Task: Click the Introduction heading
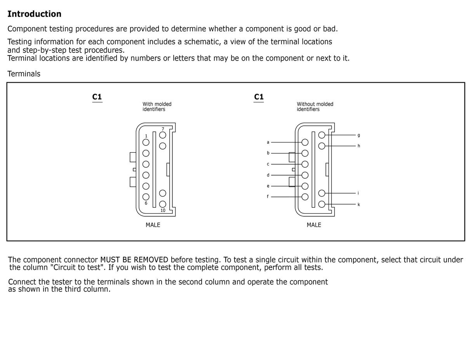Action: tap(34, 14)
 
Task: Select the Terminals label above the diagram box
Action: tap(24, 74)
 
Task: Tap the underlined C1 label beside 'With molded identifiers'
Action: tap(97, 97)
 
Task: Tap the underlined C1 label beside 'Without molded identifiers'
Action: tap(259, 97)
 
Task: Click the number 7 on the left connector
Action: tap(163, 129)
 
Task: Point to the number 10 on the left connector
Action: tap(163, 210)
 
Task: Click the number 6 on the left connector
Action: tap(146, 203)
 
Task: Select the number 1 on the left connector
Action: tap(146, 136)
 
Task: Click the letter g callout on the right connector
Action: tap(358, 135)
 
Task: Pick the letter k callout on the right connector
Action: tap(358, 204)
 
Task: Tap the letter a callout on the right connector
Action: tap(268, 142)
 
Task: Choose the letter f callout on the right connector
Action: tap(268, 197)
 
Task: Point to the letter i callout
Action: tap(358, 193)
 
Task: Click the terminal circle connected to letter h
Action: tap(322, 146)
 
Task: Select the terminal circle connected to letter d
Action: tap(305, 175)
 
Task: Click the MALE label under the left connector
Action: tap(153, 225)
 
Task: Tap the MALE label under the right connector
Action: tap(314, 225)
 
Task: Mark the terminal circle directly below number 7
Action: tap(163, 135)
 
